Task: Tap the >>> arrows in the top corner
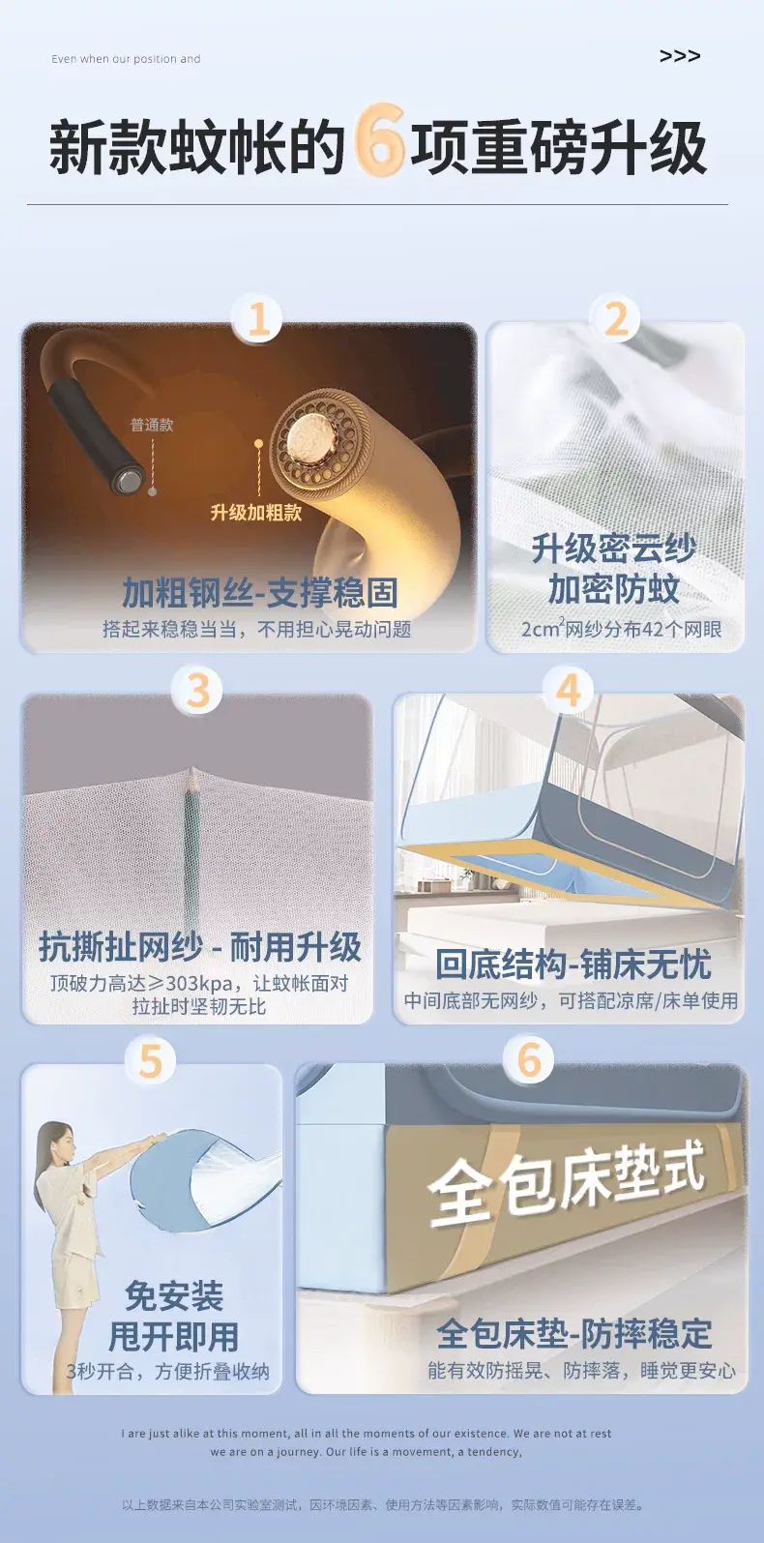click(x=679, y=56)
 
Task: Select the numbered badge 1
click(x=257, y=319)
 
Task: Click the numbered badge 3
click(x=197, y=690)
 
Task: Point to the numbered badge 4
click(x=568, y=690)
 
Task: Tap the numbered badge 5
click(x=151, y=1061)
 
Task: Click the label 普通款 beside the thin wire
click(x=152, y=425)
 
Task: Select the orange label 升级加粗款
click(x=256, y=512)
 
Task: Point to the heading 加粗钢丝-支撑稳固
click(x=260, y=592)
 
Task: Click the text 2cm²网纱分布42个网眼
click(x=622, y=628)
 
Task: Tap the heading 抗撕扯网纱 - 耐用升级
click(x=200, y=947)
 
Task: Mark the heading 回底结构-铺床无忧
click(x=573, y=964)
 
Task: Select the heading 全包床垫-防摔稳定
click(x=573, y=1334)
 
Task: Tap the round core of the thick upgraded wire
click(x=310, y=434)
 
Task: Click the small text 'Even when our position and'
click(x=126, y=59)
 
